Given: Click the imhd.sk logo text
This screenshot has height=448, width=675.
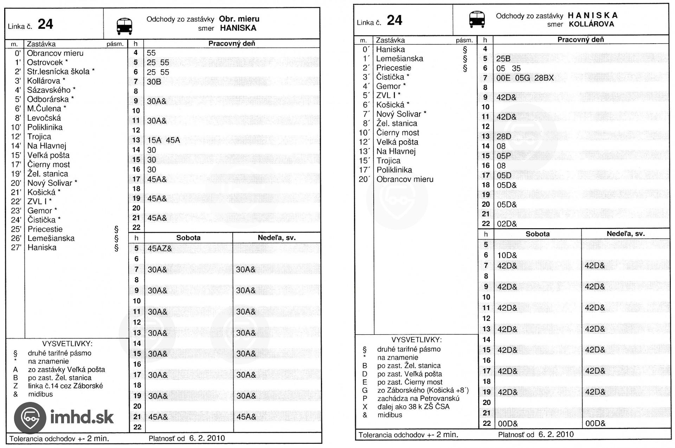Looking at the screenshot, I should point(82,417).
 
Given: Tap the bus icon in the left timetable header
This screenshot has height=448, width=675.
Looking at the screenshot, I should point(124,26).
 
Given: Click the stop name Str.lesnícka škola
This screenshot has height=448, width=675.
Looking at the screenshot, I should point(58,71).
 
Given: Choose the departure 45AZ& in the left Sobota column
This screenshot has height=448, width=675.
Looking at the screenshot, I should point(160,249).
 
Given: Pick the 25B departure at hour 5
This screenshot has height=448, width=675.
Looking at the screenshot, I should point(503,59).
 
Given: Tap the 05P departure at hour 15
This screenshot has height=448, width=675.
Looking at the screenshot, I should point(503,156).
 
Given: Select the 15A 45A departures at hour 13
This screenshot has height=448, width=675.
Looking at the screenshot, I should point(163,140).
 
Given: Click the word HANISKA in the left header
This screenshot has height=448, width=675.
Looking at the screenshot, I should point(238,28).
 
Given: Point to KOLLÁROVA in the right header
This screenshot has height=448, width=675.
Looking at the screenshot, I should point(591,24).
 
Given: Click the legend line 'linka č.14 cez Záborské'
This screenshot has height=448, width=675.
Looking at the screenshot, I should point(65,386).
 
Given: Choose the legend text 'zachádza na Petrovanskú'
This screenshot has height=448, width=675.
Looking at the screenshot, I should point(418,398).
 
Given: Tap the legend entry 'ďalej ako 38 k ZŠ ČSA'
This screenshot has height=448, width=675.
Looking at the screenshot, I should point(413,407).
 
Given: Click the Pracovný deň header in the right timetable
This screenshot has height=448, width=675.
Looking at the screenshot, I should point(580,40).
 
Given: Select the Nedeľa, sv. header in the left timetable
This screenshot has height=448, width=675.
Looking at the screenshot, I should point(276,238).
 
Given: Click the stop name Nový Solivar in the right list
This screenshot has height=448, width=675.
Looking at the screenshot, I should point(399,114).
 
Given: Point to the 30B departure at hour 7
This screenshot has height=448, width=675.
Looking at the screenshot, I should point(154,82).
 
